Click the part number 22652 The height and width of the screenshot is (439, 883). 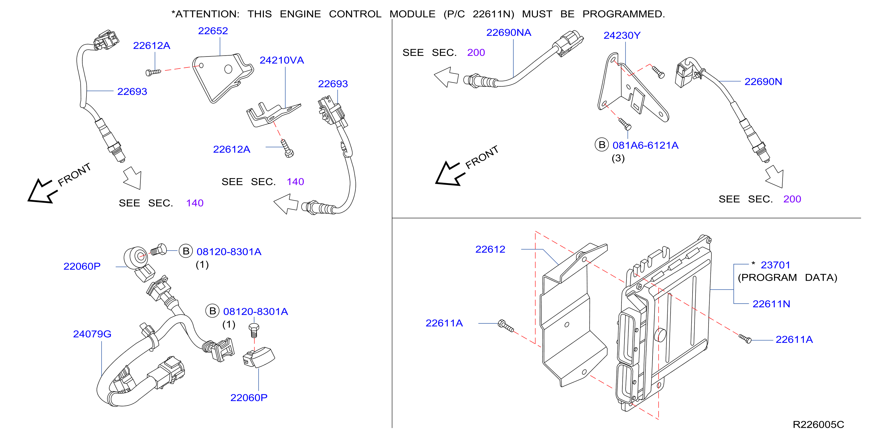[213, 31]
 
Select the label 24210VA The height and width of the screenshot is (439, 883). [282, 60]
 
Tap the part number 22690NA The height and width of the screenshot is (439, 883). [509, 33]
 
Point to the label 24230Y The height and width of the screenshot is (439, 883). [622, 35]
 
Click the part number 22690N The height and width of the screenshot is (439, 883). [763, 82]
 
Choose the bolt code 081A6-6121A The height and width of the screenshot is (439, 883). [645, 145]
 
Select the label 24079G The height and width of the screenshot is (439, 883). [92, 334]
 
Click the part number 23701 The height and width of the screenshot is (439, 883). [775, 265]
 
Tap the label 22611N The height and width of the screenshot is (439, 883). [771, 304]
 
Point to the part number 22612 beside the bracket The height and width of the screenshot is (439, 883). [490, 249]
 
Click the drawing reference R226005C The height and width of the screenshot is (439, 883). [818, 425]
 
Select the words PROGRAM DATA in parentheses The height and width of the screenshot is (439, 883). [787, 277]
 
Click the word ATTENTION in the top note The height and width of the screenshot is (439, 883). [207, 14]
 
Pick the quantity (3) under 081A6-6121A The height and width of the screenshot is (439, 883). [618, 158]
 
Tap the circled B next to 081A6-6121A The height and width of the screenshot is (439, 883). [602, 145]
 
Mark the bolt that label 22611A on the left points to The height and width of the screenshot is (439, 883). [506, 326]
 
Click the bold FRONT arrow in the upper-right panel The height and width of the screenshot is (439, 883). [449, 173]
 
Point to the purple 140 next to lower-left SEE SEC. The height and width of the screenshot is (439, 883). [195, 203]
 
